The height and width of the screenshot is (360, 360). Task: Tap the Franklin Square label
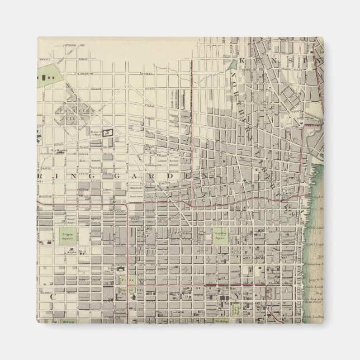(x=219, y=236)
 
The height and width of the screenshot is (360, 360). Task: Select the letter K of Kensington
(x=242, y=61)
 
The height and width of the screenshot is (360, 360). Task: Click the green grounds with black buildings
(x=47, y=72)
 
